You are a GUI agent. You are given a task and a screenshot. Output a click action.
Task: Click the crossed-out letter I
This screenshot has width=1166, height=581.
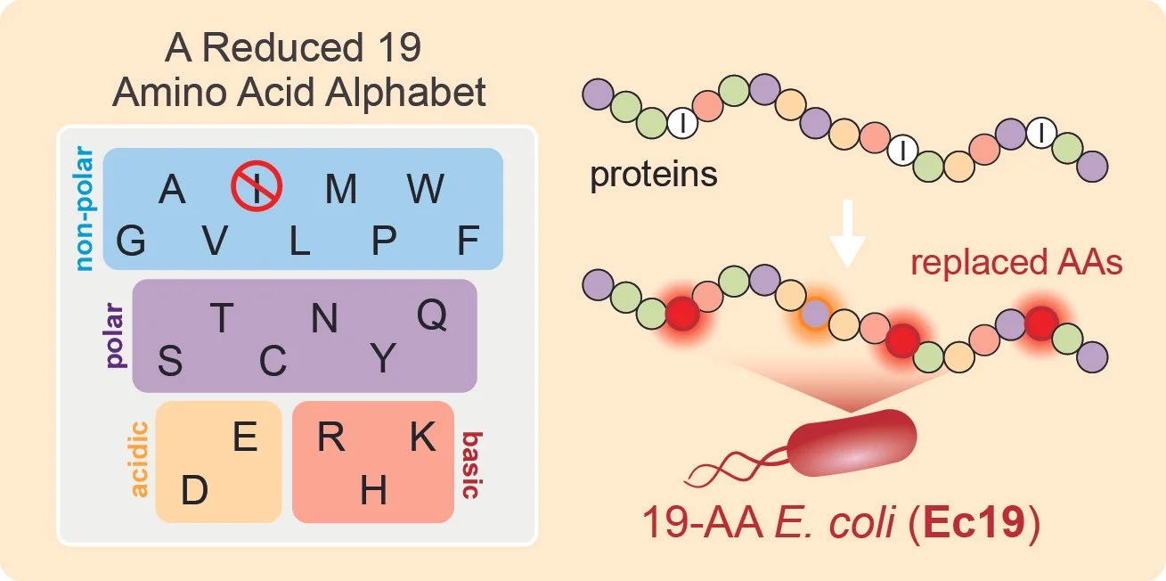pos(257,186)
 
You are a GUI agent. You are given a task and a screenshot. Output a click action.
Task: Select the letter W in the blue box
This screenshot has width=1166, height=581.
pos(425,188)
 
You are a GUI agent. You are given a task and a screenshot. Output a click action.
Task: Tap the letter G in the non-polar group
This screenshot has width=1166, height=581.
pos(131,241)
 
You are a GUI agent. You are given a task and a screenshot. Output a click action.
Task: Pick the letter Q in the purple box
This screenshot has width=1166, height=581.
pos(432,315)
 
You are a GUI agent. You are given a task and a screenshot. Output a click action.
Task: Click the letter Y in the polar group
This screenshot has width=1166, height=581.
pos(383,358)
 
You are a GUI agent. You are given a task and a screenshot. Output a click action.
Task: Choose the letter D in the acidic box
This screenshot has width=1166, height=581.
pos(195,490)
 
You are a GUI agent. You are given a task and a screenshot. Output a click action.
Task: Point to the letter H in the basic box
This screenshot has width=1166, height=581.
pos(373,490)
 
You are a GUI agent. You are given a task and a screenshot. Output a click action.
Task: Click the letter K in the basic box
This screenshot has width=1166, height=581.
pos(423,437)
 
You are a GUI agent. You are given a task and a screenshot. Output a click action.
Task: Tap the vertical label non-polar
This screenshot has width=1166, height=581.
pos(85,209)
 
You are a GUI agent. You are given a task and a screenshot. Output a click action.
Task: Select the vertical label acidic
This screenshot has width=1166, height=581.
pos(139,459)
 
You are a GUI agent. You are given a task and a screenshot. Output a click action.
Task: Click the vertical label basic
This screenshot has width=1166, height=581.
pos(472,465)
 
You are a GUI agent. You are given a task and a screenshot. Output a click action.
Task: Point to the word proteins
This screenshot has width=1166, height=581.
pos(653,175)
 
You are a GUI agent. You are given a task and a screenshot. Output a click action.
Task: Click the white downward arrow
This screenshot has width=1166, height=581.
pos(847,233)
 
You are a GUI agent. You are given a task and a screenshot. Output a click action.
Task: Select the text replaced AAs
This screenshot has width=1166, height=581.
pos(1016,262)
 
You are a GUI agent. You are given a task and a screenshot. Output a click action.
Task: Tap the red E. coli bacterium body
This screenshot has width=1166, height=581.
pos(852,443)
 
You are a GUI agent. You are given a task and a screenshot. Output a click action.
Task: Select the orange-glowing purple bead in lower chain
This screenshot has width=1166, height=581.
pos(815,314)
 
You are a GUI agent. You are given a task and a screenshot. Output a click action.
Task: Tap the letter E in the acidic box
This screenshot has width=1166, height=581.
pos(245,437)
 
